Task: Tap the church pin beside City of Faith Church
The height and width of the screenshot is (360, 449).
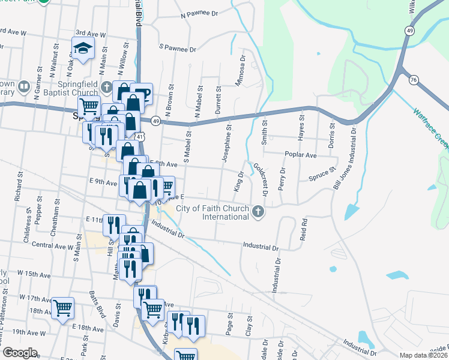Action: pos(258,212)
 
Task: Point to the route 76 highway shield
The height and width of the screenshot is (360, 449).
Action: pos(412,80)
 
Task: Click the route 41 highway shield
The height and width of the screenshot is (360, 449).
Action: pos(139,137)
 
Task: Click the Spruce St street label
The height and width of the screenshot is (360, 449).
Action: pos(320,175)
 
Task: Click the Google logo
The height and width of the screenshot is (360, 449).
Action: pos(19,353)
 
